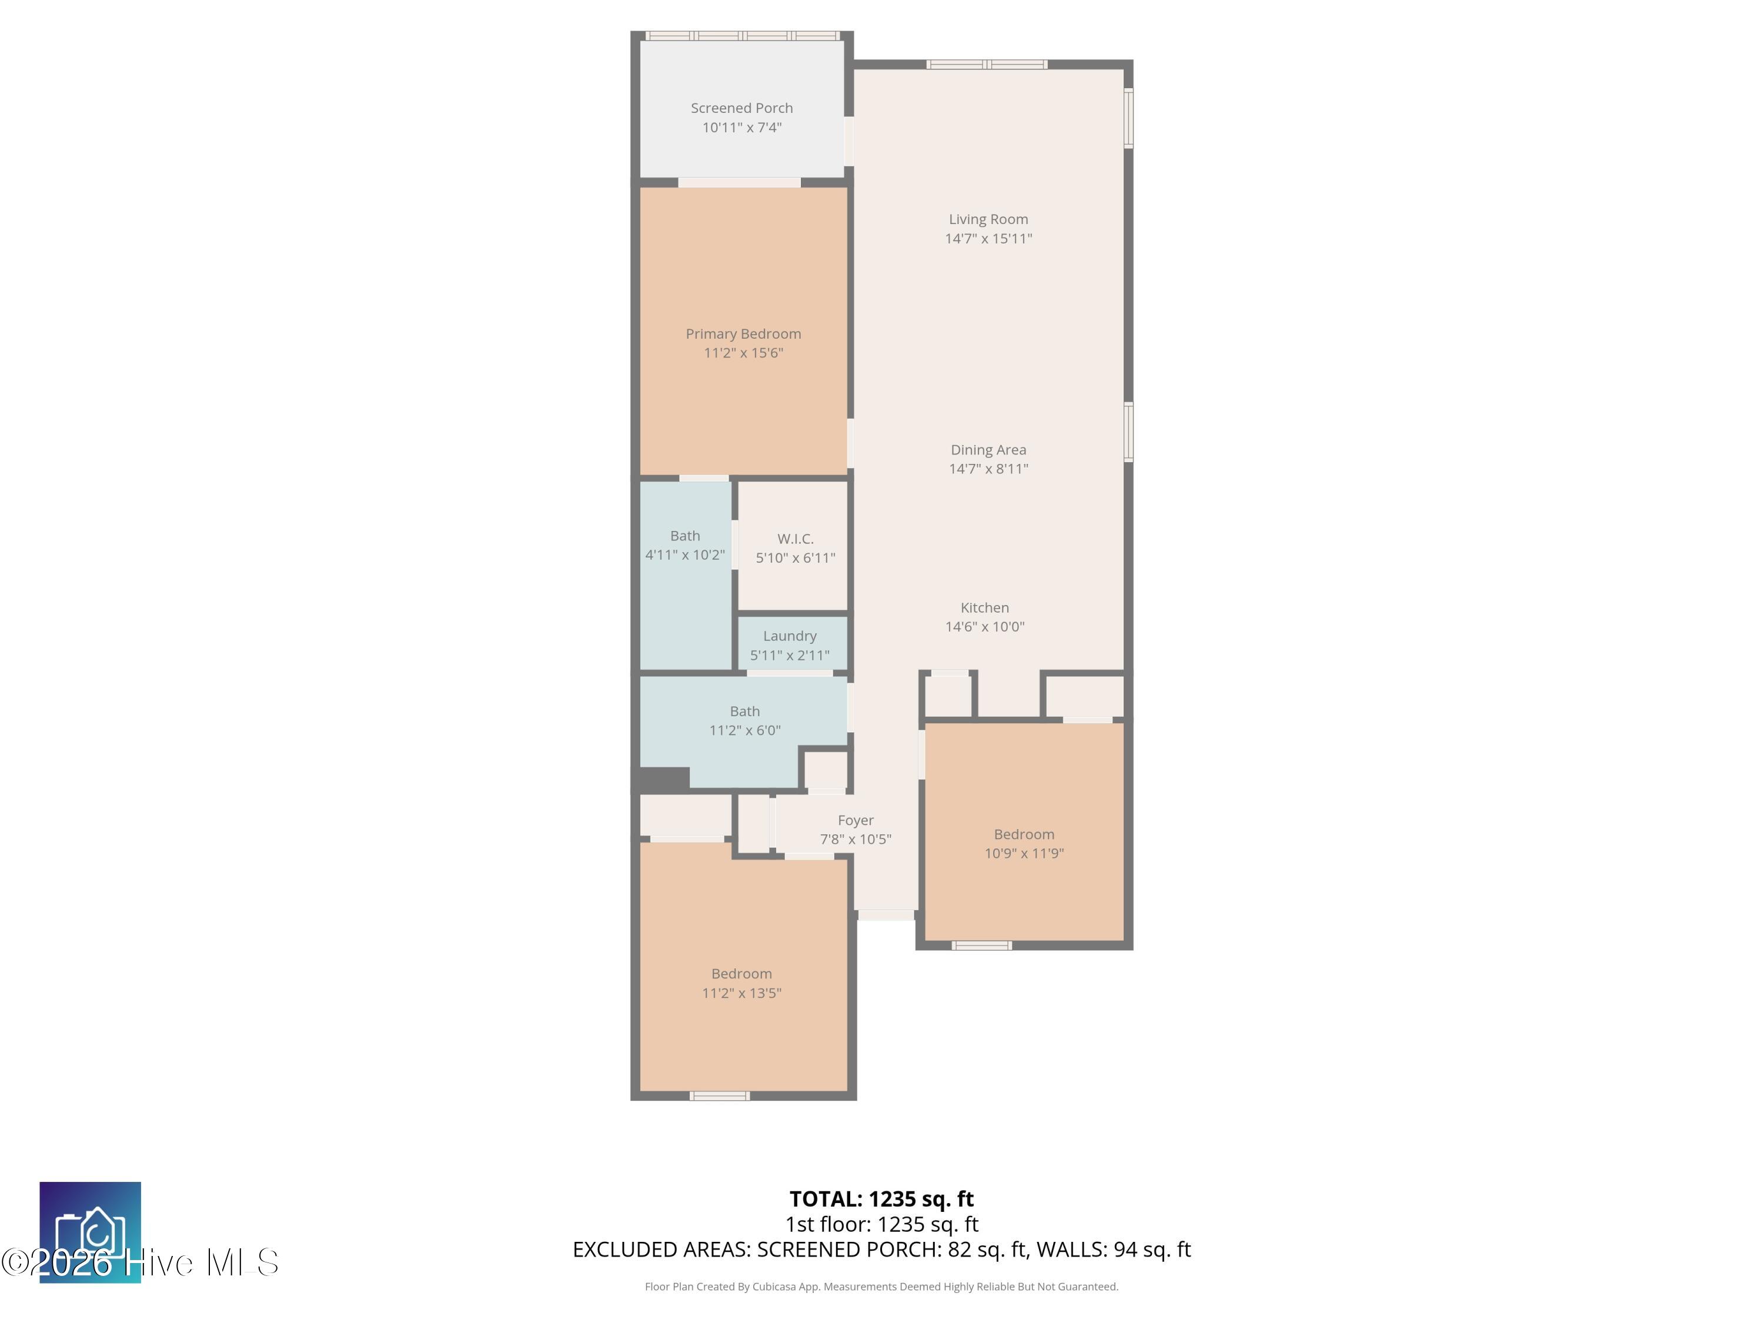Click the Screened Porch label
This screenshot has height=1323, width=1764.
tap(741, 108)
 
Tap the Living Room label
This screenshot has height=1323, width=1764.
tap(988, 219)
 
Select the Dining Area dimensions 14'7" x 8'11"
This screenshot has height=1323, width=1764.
tap(988, 469)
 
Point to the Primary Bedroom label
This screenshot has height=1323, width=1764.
tap(743, 334)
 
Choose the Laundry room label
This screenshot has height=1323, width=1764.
tap(790, 636)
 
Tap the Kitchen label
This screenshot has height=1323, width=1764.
tap(985, 607)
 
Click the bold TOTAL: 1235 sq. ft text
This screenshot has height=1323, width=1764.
tap(881, 1198)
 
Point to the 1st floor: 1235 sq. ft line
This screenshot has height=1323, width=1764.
tap(881, 1224)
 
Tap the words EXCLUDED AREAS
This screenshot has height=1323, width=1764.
tap(661, 1249)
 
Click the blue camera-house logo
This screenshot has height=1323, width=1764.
tap(90, 1232)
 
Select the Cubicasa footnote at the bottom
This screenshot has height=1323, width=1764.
tap(881, 1287)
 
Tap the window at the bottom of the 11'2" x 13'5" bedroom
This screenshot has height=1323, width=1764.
tap(719, 1095)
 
